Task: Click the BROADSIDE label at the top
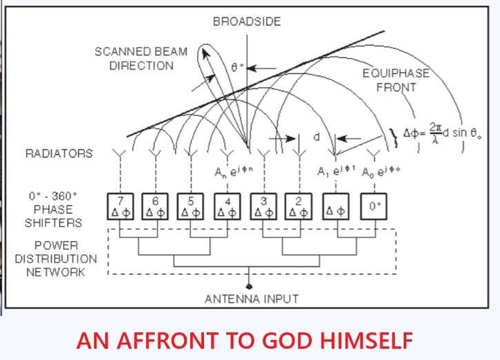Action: pyautogui.click(x=247, y=22)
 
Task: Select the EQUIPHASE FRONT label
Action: pyautogui.click(x=396, y=80)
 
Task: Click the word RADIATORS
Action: pyautogui.click(x=59, y=153)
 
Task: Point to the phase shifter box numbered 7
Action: pyautogui.click(x=120, y=205)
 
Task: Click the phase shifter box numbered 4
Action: pyautogui.click(x=228, y=205)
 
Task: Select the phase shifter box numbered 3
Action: pyautogui.click(x=263, y=205)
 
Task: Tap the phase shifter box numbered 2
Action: pyautogui.click(x=299, y=205)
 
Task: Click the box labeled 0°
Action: pyautogui.click(x=373, y=205)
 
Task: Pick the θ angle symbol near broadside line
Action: pyautogui.click(x=236, y=68)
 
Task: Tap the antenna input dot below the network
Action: pyautogui.click(x=250, y=285)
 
